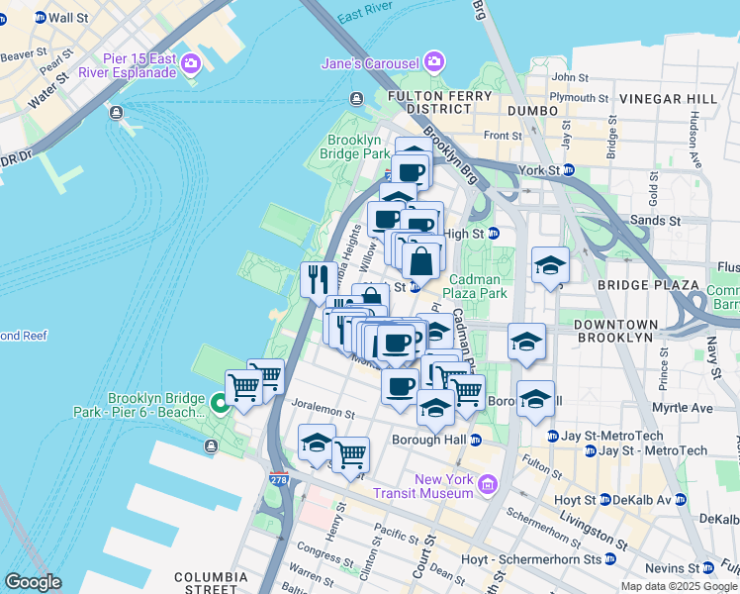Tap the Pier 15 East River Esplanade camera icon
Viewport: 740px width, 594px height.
point(189,64)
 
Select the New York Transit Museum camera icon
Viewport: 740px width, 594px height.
point(487,485)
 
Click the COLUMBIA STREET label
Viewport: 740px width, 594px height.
point(212,583)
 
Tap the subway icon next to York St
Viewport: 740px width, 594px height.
point(569,170)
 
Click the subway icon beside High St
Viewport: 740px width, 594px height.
point(493,234)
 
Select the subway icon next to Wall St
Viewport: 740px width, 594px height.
point(40,18)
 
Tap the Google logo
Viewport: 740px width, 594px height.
point(33,582)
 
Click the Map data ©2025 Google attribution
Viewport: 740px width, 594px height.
point(678,586)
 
